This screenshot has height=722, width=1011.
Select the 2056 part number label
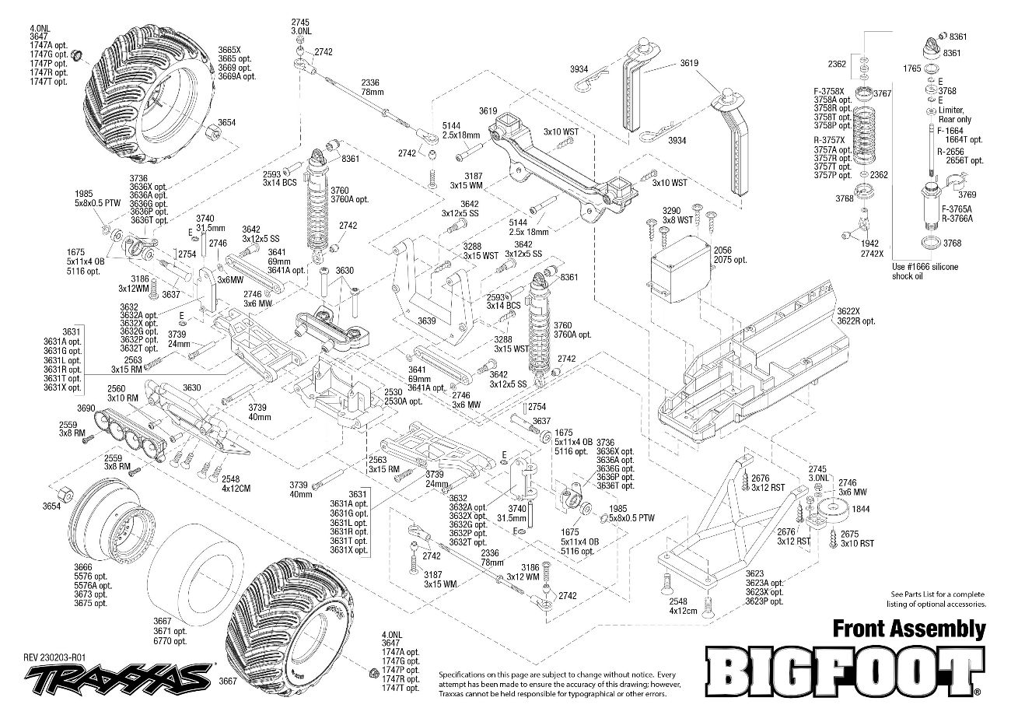(724, 251)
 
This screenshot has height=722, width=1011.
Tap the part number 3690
(86, 408)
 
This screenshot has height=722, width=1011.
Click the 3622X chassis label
(851, 311)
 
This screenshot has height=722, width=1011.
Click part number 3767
(882, 93)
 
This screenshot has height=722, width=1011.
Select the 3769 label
(967, 195)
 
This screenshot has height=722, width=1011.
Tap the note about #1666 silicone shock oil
(925, 271)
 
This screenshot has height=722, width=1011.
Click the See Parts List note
(938, 598)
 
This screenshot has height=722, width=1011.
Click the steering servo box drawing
(680, 268)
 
